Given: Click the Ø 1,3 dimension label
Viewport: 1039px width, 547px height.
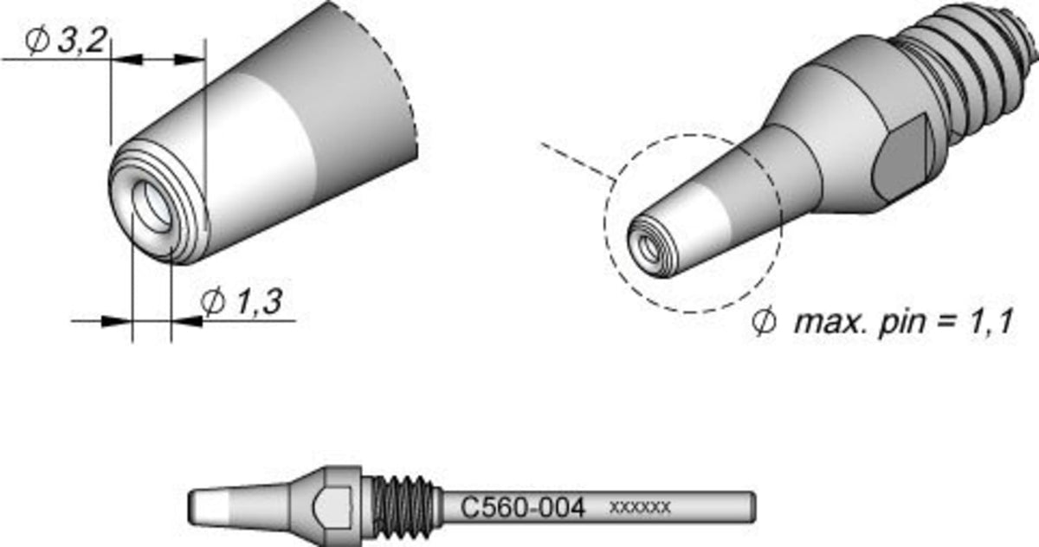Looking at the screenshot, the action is coord(242,301).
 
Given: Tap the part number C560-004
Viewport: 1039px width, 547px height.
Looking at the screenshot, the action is coord(523,508).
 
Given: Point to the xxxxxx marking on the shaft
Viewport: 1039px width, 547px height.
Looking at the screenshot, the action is coord(640,507).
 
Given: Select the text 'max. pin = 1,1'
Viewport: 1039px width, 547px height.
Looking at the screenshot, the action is coord(902,322).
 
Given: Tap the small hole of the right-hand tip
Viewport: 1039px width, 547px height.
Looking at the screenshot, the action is coord(649,249).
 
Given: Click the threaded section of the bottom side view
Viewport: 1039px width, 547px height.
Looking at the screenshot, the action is coord(403,507).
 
